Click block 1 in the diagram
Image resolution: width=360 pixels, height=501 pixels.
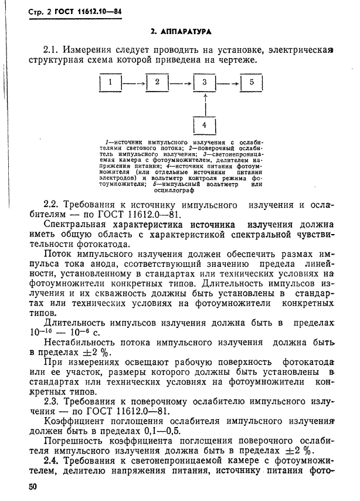pos(110,83)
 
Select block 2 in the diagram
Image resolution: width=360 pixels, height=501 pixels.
pos(157,83)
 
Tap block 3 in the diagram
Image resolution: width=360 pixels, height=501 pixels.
pos(205,83)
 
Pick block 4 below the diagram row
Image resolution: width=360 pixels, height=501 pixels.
pos(205,125)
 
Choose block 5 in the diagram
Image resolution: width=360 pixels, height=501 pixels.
pos(252,83)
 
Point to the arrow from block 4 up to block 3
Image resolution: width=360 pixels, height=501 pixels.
pos(205,104)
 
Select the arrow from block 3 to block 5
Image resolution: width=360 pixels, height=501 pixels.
pos(228,83)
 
